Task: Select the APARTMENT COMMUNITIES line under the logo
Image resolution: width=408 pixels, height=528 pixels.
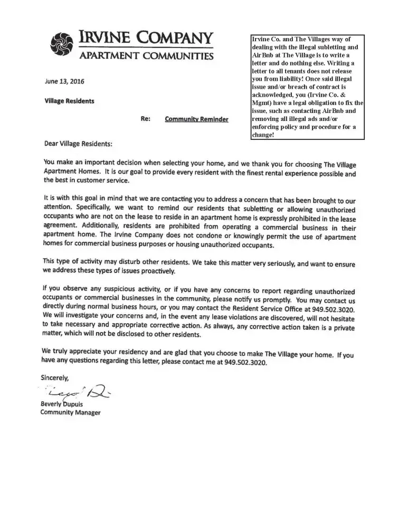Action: click(x=146, y=56)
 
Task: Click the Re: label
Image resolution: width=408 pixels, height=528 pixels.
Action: click(x=146, y=119)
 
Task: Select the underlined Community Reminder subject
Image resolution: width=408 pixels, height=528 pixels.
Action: click(x=196, y=120)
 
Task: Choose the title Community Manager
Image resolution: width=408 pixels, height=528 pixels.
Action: click(x=70, y=413)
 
